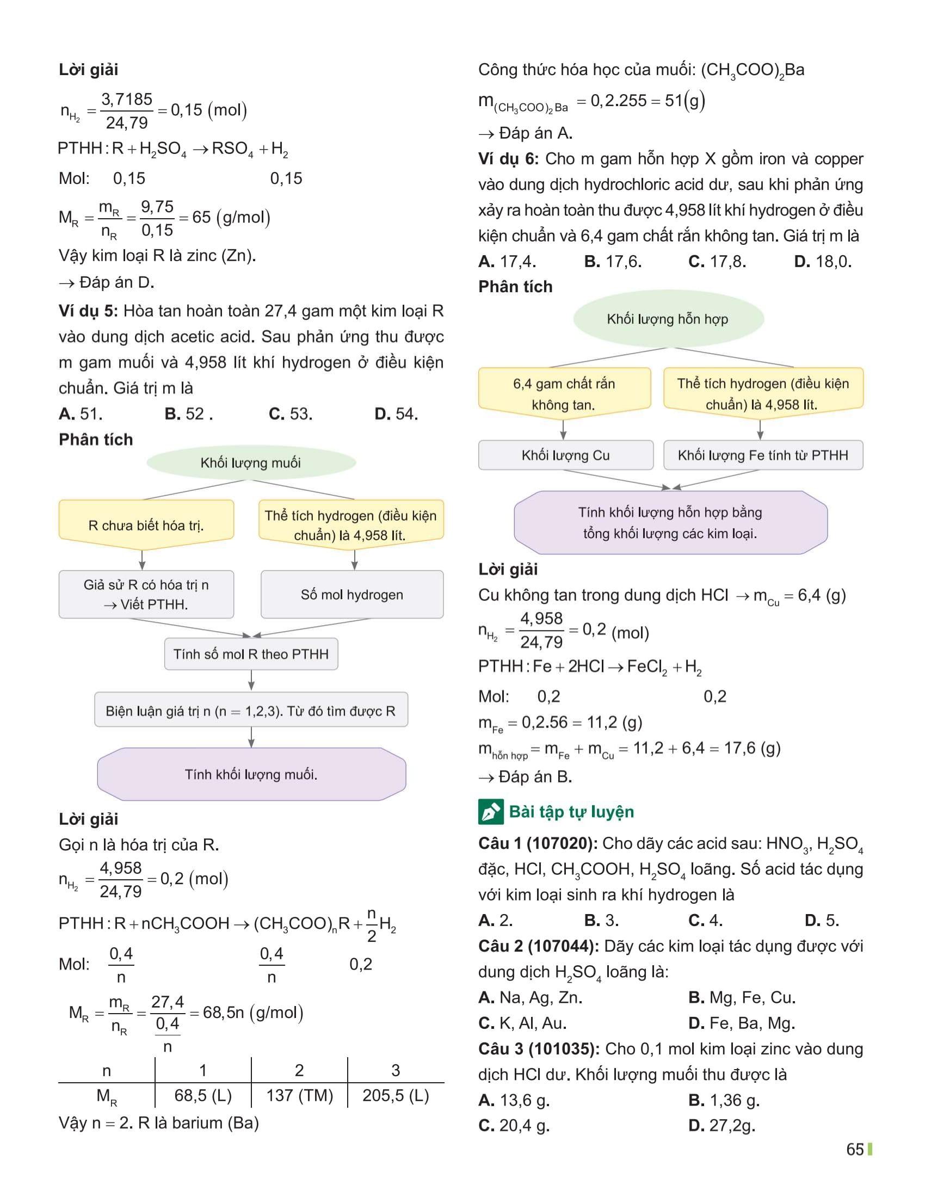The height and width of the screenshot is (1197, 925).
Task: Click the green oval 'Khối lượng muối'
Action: click(x=250, y=462)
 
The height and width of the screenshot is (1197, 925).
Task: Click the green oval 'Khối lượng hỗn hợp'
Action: click(x=668, y=319)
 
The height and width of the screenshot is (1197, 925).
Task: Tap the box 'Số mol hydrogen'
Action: click(x=352, y=595)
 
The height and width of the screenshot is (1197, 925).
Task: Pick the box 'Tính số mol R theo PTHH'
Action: click(x=251, y=654)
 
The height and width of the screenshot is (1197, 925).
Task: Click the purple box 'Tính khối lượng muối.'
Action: click(x=251, y=774)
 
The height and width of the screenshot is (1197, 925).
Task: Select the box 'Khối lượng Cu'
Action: click(x=565, y=455)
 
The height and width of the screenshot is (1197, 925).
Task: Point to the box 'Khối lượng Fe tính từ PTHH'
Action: click(x=763, y=455)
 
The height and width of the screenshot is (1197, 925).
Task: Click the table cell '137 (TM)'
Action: click(x=299, y=1095)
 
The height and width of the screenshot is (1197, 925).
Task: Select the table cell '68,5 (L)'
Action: click(x=203, y=1095)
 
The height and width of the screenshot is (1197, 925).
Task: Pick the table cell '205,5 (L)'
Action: click(x=396, y=1095)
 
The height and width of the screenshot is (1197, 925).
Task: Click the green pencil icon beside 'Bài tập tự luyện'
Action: click(x=490, y=812)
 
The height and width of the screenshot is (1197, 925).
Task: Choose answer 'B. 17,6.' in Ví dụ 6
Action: click(x=613, y=261)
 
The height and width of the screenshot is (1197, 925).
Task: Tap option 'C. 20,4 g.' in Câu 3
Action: click(x=514, y=1125)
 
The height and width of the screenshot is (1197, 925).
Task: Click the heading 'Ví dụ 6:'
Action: click(x=508, y=159)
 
